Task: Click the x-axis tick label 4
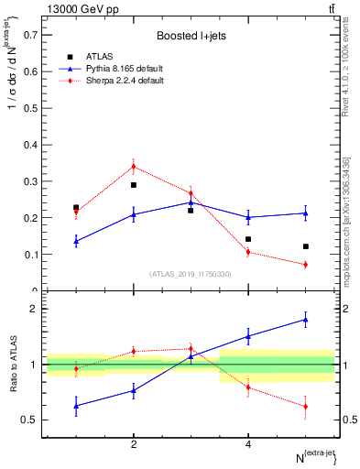click(x=248, y=444)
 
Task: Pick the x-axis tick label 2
click(x=134, y=444)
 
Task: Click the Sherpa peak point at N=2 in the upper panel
click(x=134, y=166)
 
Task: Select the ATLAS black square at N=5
click(x=305, y=246)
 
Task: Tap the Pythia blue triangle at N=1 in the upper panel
click(x=76, y=241)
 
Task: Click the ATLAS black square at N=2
click(x=134, y=185)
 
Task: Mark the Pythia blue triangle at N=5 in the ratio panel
click(x=305, y=319)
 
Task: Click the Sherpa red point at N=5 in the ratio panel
click(x=305, y=406)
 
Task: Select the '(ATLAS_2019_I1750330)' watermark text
click(x=191, y=274)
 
